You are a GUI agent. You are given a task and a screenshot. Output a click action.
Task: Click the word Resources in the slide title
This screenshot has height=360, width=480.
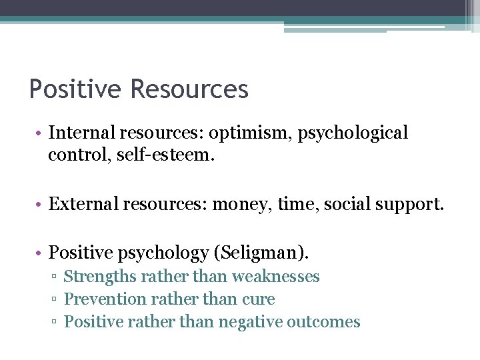click(x=189, y=89)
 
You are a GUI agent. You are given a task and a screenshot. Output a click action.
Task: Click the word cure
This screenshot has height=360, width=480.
click(x=259, y=299)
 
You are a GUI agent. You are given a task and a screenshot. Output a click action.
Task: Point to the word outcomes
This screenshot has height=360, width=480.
click(x=323, y=322)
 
